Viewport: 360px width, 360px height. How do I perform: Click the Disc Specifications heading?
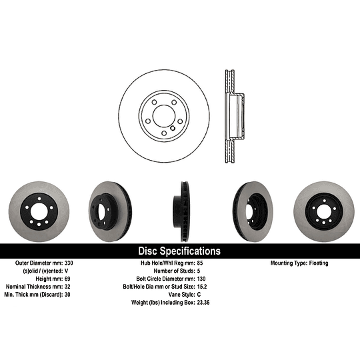(179, 251)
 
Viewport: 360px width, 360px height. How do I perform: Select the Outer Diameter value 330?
(69, 263)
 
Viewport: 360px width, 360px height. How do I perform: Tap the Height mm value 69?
(67, 279)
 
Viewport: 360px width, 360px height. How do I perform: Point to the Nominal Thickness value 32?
(67, 287)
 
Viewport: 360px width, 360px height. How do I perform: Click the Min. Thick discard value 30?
(67, 295)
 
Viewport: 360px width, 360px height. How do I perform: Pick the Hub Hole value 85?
(200, 263)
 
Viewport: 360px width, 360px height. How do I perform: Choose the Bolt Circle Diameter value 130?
(201, 279)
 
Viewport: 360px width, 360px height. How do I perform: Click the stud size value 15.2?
(202, 287)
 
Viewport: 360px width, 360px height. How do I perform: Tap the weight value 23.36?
(203, 303)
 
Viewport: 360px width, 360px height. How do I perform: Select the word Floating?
(319, 263)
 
